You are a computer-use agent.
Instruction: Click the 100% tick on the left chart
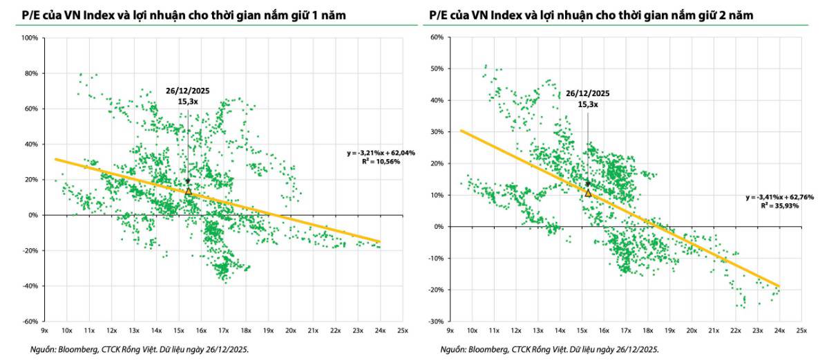point(30,38)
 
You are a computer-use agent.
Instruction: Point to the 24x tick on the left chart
point(381,331)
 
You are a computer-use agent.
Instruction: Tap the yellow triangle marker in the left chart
point(189,191)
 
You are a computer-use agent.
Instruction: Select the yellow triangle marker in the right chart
point(588,193)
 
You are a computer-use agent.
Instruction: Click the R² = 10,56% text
point(381,162)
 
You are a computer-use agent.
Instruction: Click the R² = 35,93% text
point(780,206)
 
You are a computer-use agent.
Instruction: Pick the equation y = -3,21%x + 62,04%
point(381,153)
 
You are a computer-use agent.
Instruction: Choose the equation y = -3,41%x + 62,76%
point(780,197)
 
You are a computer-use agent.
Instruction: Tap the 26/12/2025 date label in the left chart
point(188,91)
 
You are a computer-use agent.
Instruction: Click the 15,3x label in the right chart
point(588,104)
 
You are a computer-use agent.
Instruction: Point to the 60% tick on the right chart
point(437,37)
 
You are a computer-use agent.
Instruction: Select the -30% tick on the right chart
point(436,322)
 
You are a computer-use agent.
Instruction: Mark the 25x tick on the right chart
point(801,331)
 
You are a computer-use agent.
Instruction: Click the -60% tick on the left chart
point(30,322)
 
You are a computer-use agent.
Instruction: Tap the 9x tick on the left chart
point(44,331)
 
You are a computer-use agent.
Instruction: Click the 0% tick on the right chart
point(438,227)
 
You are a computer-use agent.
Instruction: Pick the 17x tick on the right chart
point(626,331)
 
